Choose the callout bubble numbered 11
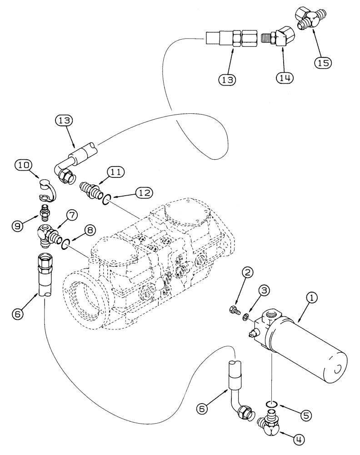pyautogui.click(x=114, y=172)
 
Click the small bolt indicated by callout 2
pyautogui.click(x=233, y=311)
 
